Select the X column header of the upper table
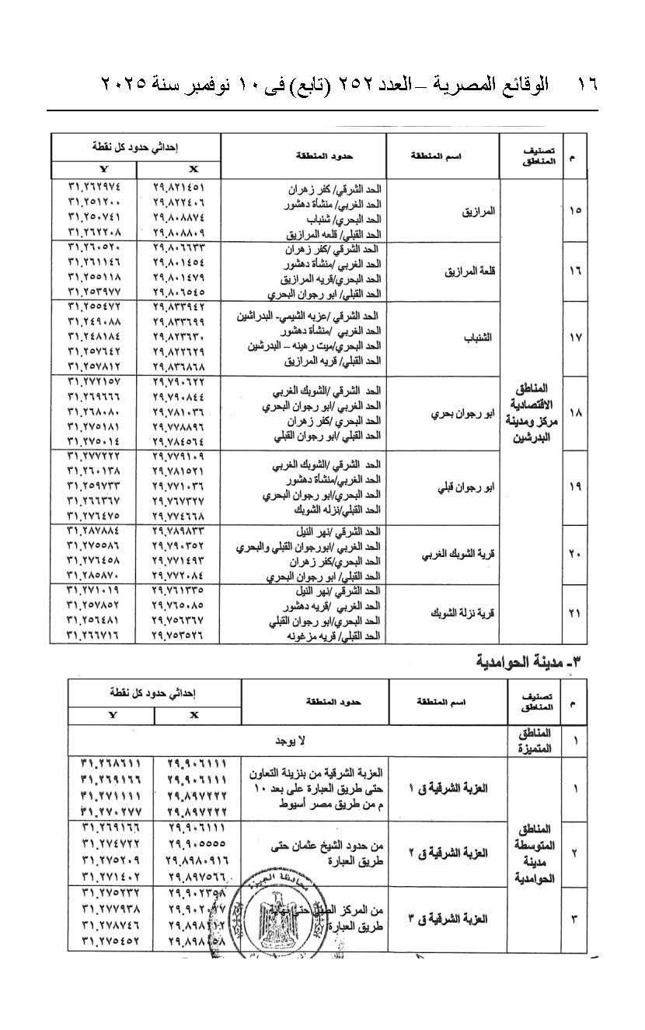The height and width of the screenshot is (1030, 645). click(x=193, y=169)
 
